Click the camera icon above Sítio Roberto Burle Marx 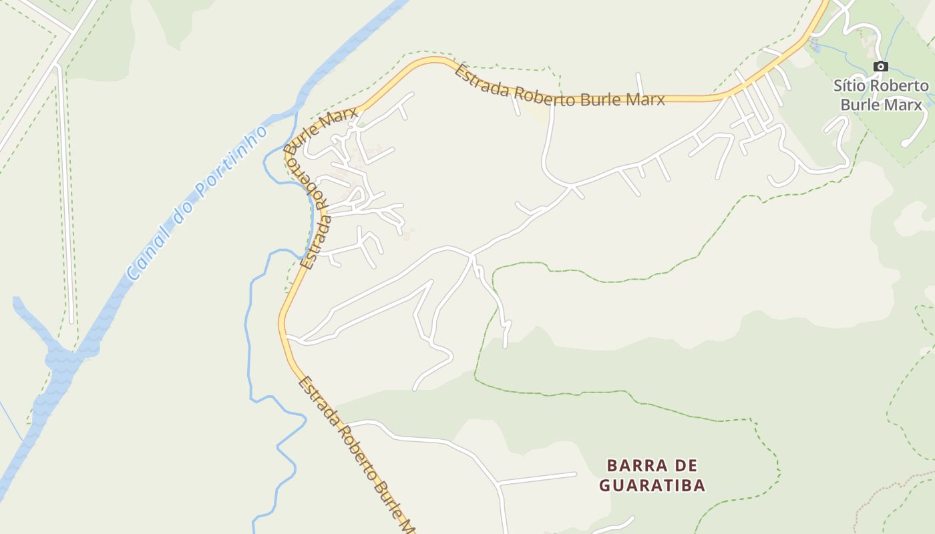[x=881, y=66]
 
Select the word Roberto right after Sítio [x=899, y=86]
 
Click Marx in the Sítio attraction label [x=905, y=105]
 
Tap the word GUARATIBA [x=652, y=485]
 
